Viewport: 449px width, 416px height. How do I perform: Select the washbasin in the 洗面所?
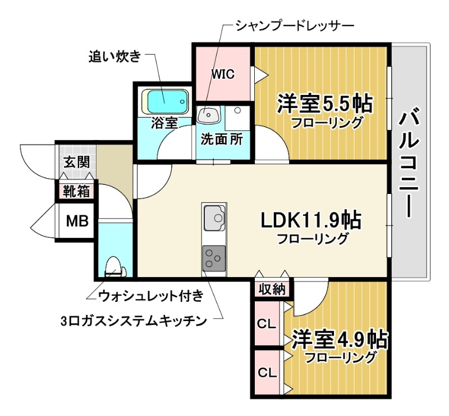209,115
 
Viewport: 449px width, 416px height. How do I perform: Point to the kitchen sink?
214,218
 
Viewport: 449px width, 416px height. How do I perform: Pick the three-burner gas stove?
214,258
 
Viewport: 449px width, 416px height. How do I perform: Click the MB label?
78,221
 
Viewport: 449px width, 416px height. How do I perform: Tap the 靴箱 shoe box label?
76,191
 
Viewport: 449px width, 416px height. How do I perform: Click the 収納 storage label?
273,290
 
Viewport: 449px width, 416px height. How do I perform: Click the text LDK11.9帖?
310,220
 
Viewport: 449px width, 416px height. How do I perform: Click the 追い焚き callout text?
114,57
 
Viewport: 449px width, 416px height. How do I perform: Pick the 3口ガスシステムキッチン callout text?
134,321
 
